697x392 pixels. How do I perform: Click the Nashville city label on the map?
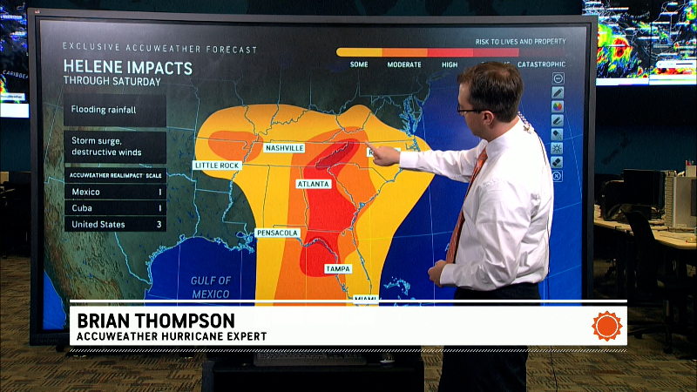(x=284, y=148)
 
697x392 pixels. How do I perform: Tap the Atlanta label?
(x=313, y=185)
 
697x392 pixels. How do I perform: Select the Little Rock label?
(x=217, y=165)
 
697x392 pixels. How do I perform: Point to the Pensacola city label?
(x=278, y=233)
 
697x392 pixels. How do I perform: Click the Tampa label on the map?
(x=338, y=269)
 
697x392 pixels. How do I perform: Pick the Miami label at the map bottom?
(x=363, y=299)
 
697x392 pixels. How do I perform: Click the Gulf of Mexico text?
(x=211, y=287)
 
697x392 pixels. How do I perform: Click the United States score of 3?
(x=159, y=225)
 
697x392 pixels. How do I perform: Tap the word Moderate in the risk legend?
(x=404, y=64)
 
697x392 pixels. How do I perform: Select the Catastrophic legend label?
(x=541, y=64)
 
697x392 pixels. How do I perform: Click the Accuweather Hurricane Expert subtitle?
(x=171, y=336)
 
